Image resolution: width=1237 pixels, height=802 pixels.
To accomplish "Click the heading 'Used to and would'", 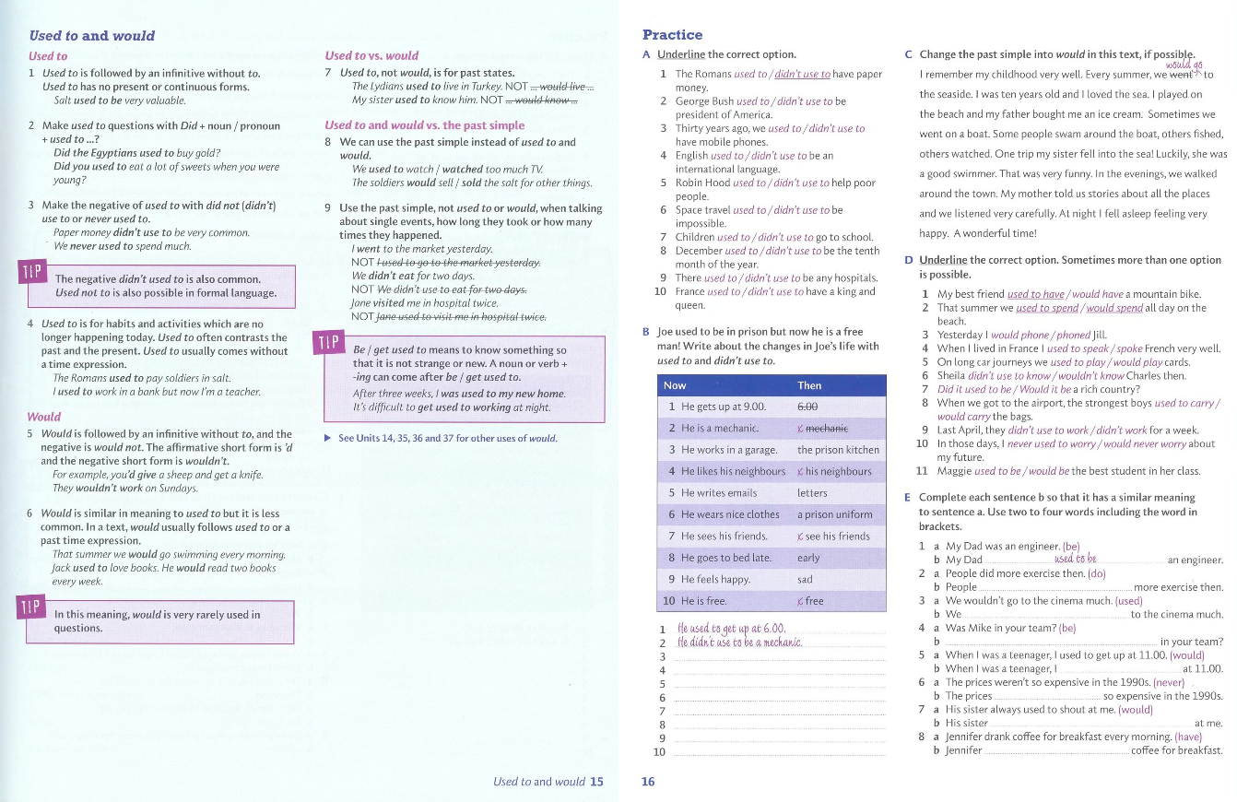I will point(91,36).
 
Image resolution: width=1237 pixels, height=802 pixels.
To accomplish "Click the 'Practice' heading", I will point(672,35).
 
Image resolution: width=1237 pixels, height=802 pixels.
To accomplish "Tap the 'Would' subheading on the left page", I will point(44,417).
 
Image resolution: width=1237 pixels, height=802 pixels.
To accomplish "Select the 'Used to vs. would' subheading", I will point(371,55).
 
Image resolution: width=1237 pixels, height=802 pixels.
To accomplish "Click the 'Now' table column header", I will point(675,385).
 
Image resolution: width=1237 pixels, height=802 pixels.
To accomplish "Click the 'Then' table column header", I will point(809,385).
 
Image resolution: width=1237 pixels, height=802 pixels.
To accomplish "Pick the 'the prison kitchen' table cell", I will point(838,450).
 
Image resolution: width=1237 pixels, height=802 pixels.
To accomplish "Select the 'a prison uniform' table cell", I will point(834,514).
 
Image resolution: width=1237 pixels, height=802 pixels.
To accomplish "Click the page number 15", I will point(596,782).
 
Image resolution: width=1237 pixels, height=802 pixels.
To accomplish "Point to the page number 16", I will point(648,782).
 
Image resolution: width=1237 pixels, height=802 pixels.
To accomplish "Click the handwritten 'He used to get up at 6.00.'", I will point(731,629).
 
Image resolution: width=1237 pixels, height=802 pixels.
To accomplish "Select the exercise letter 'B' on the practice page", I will point(646,332).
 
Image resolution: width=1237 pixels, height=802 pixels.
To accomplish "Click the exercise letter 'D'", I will point(910,261).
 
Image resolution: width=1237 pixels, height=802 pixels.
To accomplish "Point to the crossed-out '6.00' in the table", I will point(807,407).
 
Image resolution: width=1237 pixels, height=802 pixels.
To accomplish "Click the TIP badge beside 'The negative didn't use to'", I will point(30,274).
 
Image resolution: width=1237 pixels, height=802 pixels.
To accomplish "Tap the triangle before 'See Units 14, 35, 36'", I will point(328,438).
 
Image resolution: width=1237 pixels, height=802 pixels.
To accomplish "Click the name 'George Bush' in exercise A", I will point(704,101).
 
